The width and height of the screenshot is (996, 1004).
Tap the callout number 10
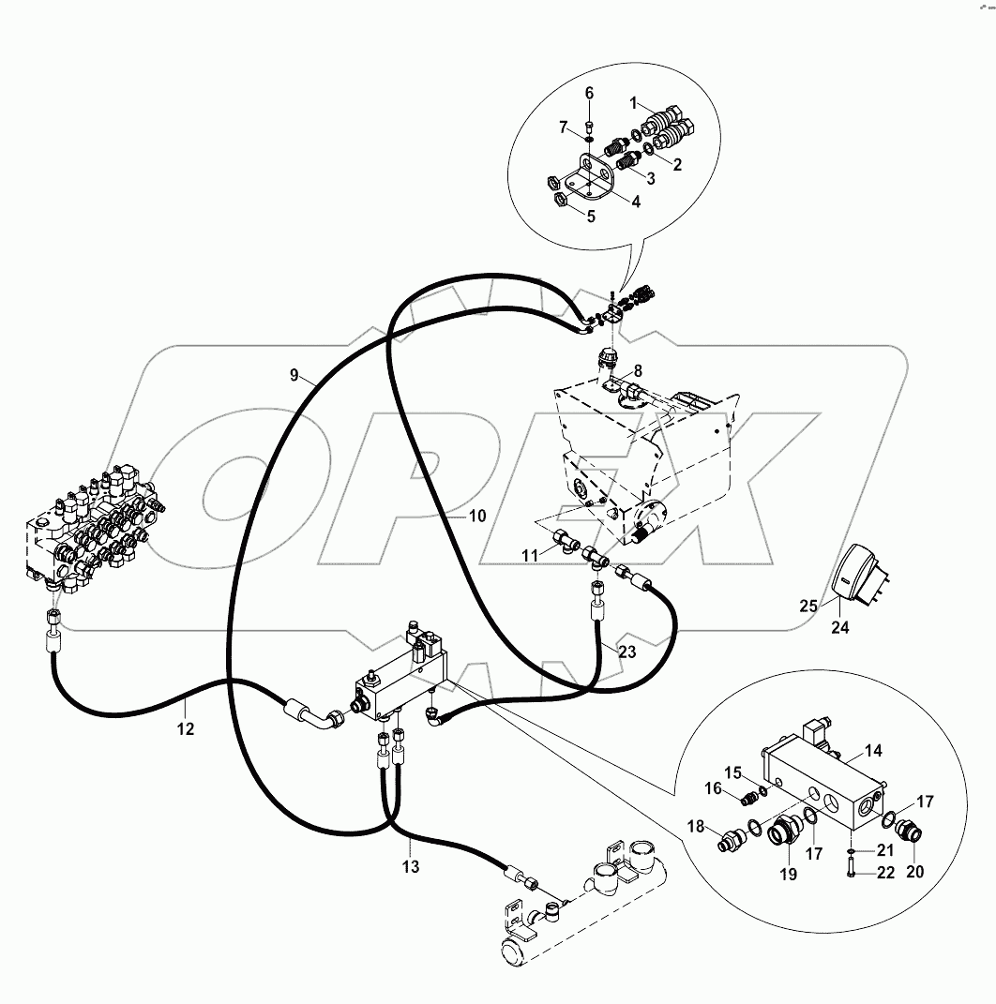(477, 516)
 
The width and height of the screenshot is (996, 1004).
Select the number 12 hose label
(186, 727)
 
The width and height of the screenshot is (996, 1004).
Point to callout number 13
(411, 866)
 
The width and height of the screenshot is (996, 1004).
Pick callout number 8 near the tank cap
(637, 369)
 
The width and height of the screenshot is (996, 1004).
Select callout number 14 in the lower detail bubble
(873, 750)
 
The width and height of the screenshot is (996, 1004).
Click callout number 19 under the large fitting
(787, 874)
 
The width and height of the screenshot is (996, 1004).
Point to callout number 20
(914, 870)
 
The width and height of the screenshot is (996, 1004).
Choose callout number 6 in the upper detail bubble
(589, 93)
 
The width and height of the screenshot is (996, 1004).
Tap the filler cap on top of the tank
(609, 359)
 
